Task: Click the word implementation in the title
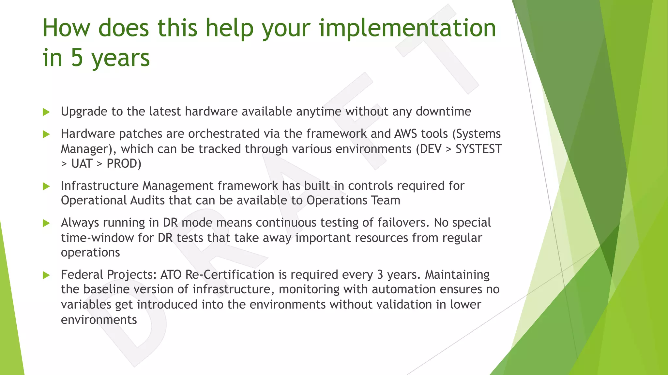point(407,28)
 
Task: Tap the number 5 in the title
point(77,58)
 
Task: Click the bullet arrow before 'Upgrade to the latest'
point(46,112)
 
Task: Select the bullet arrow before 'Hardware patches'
point(46,134)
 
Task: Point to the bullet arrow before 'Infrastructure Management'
point(46,186)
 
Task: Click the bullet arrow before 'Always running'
point(46,223)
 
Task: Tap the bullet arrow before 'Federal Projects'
point(46,275)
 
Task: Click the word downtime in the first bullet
point(443,112)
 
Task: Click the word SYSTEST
point(478,149)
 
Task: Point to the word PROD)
point(124,163)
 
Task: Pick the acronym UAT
point(82,163)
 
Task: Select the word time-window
point(97,238)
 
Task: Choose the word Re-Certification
point(230,275)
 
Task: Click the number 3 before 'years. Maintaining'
point(380,275)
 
